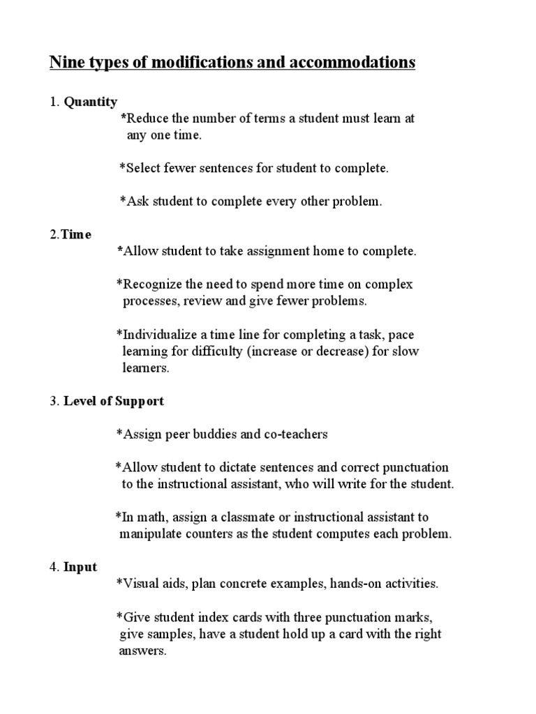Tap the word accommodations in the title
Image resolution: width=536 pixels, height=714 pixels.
pyautogui.click(x=357, y=63)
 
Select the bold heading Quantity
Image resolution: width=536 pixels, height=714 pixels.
pyautogui.click(x=91, y=102)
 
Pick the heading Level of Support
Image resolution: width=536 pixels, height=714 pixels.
pyautogui.click(x=114, y=401)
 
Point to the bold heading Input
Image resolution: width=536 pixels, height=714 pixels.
pyautogui.click(x=80, y=567)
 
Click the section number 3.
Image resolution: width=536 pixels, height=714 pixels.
pyautogui.click(x=53, y=401)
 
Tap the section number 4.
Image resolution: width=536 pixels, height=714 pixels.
pyautogui.click(x=53, y=567)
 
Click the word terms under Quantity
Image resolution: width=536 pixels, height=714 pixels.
pyautogui.click(x=255, y=118)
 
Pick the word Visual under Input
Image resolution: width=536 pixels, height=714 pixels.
pyautogui.click(x=141, y=584)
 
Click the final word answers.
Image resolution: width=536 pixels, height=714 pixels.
pyautogui.click(x=142, y=651)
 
